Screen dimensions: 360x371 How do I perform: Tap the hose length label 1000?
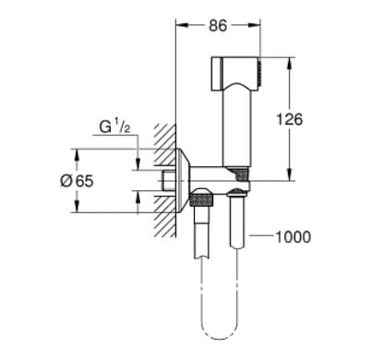point(293,237)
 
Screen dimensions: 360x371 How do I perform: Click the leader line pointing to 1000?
point(262,237)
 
